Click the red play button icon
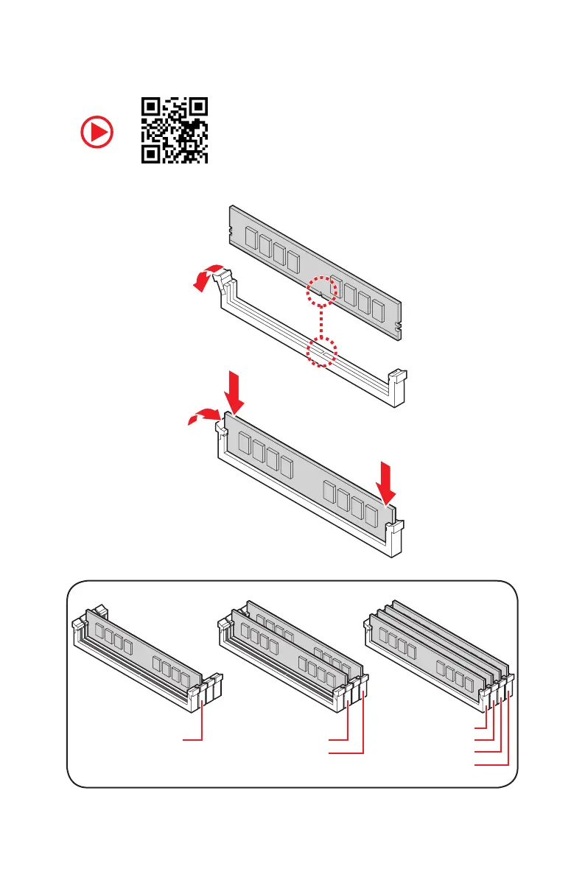97,133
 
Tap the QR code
175,131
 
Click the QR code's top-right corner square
197,109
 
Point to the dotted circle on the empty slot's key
322,353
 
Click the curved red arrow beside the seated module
200,418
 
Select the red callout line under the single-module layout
194,738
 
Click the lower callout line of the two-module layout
346,753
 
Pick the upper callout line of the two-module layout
338,738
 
